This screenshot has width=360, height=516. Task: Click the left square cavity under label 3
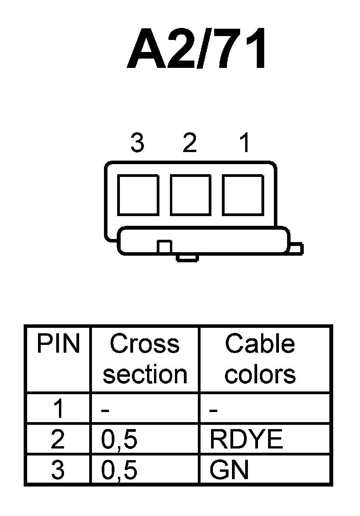click(138, 195)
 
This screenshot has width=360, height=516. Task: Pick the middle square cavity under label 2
click(190, 195)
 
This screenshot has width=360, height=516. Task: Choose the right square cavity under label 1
click(243, 195)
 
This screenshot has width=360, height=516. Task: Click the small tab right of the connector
click(296, 248)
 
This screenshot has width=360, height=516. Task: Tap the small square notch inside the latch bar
click(164, 247)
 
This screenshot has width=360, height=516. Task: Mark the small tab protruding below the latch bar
click(188, 258)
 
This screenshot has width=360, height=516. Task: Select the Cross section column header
click(145, 359)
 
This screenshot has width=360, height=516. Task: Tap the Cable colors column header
click(260, 359)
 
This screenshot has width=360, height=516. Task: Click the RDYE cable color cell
click(246, 439)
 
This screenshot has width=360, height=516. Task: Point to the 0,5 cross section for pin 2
click(119, 440)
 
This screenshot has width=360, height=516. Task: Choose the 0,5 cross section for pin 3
click(119, 471)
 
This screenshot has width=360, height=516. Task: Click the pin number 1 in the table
click(59, 409)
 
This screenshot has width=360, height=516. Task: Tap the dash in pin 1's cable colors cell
click(213, 410)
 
